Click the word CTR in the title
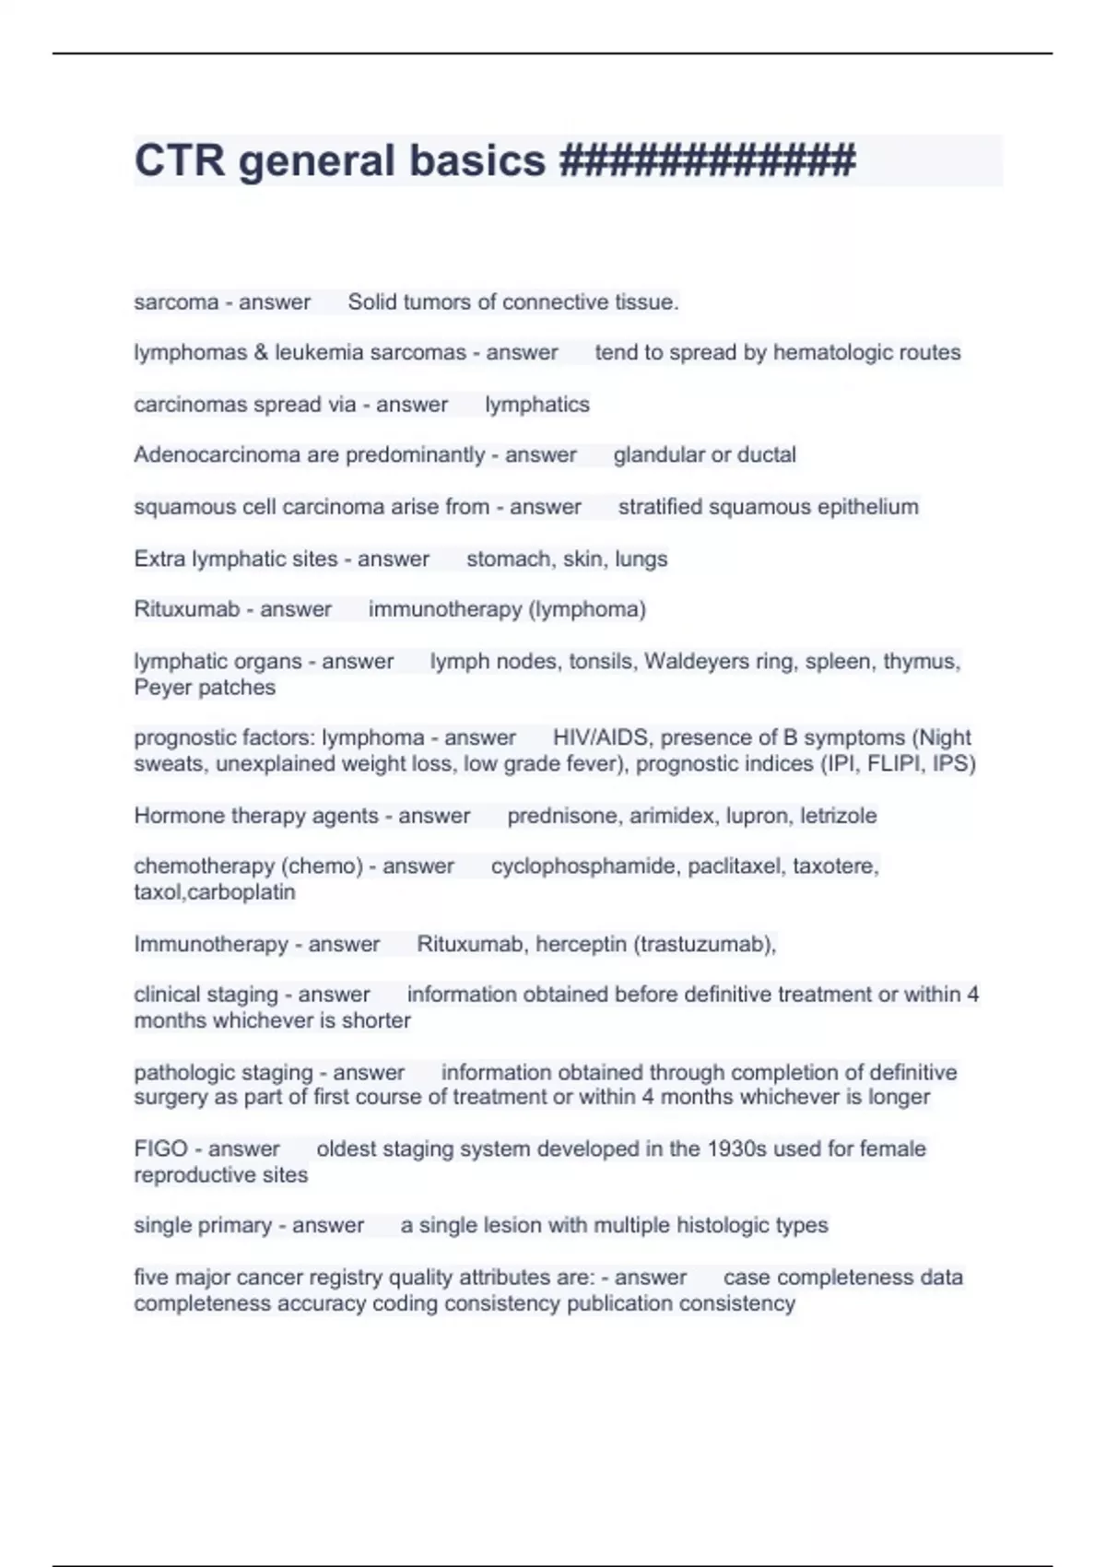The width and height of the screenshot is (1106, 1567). coord(179,160)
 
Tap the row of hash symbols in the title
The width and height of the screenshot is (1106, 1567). coord(707,160)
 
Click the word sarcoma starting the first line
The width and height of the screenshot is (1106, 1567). coord(176,302)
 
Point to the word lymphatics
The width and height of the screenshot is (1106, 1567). coord(536,405)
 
